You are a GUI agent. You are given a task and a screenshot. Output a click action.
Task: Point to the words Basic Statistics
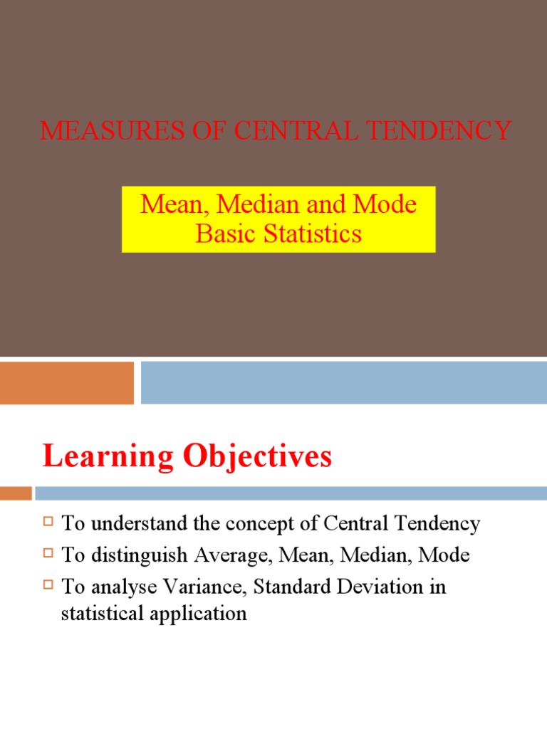(x=278, y=234)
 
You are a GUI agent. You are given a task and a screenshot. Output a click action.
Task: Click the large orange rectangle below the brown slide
(x=67, y=383)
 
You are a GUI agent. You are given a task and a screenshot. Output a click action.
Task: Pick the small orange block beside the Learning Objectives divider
(x=16, y=493)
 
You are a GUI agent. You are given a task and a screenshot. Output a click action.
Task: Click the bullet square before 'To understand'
(x=48, y=523)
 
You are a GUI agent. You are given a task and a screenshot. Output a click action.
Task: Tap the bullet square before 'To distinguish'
(x=48, y=554)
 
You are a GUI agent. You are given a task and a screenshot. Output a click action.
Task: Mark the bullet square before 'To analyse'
(x=48, y=585)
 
